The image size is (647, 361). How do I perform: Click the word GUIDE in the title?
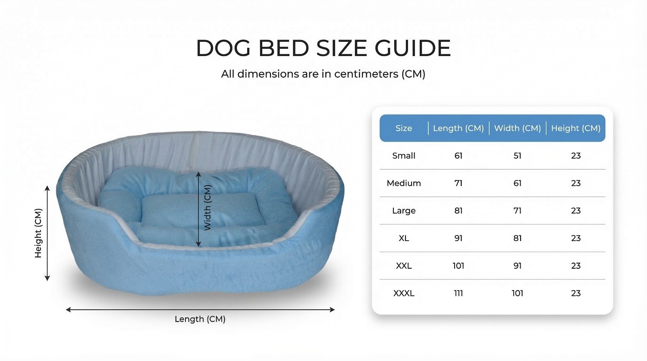pos(413,48)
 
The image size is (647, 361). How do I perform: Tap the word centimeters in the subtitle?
pos(366,74)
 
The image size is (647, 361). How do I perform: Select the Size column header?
pos(403,128)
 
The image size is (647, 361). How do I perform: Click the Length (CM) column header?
pos(459,128)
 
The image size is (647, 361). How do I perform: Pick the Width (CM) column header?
pos(517,128)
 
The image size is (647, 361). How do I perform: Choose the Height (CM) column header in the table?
pos(576,128)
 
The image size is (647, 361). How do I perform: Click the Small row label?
pos(403,156)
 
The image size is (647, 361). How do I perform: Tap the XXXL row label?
pos(403,293)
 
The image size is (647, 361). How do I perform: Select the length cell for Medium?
pos(459,183)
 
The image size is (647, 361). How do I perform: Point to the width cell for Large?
pos(517,210)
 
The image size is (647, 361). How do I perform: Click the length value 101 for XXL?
pos(459,266)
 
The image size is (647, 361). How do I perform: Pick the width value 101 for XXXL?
pos(517,293)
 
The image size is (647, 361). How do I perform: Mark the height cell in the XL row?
pos(576,238)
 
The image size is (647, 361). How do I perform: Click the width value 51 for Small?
pos(517,156)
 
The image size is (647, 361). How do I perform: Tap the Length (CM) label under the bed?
pos(200,319)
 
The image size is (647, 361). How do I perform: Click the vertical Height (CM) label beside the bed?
pos(38,233)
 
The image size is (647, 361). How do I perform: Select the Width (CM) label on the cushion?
pos(207,207)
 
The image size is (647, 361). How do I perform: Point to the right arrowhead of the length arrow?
pos(332,310)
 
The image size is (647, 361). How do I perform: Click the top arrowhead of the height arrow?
pos(47,188)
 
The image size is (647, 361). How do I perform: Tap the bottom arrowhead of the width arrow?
pos(198,244)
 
